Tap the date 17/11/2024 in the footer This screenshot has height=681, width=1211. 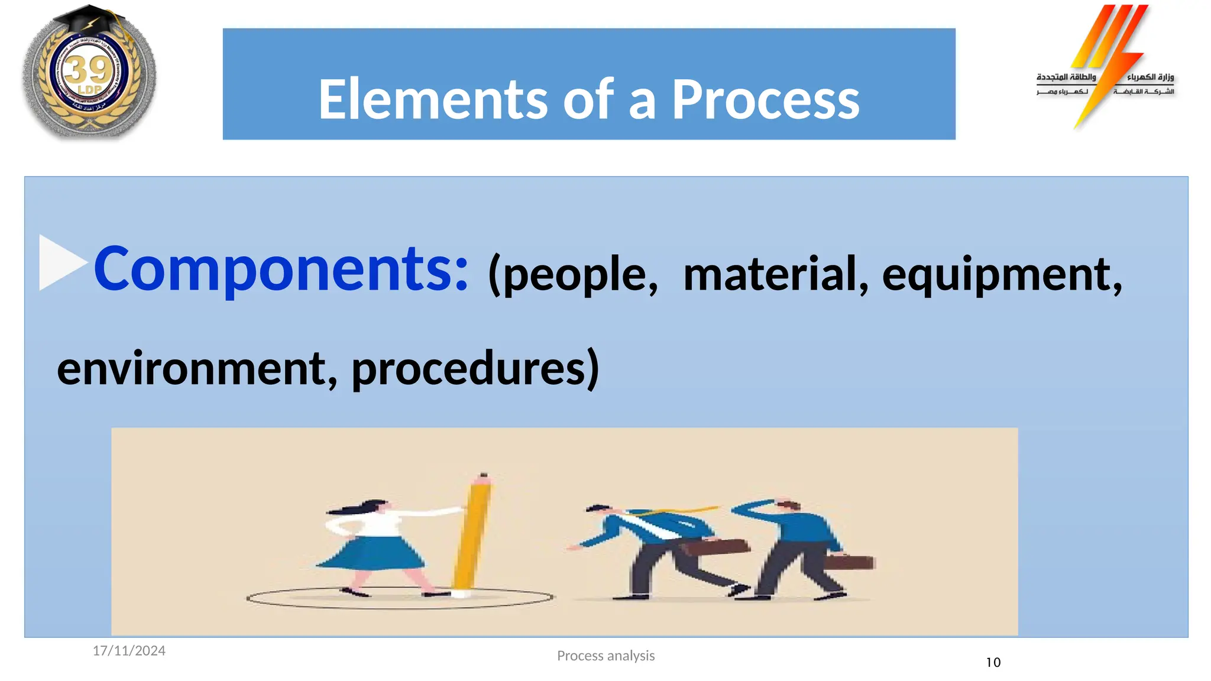(x=129, y=651)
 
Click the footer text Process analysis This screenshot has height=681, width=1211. (x=605, y=656)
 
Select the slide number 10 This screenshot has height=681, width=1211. (x=993, y=663)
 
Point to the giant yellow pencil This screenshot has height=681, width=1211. (x=472, y=532)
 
